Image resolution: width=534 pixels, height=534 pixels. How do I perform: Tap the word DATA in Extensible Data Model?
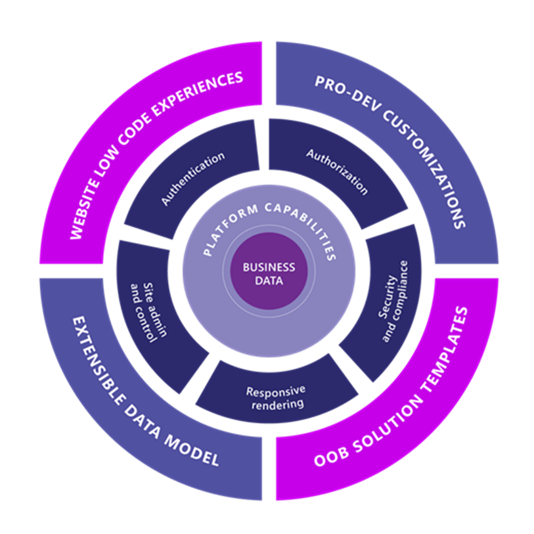coord(144,418)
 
